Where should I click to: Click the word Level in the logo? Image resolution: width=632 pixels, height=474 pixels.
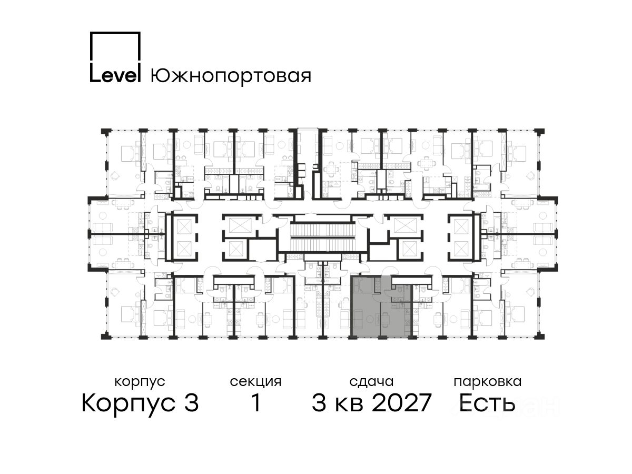pos(115,75)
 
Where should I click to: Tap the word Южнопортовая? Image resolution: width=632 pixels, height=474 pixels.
pos(231,76)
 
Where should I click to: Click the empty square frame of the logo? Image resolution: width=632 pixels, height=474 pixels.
pos(115,47)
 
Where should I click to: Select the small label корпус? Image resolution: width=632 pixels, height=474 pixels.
pos(140,382)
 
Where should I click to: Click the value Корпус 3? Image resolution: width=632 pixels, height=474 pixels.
pos(140,403)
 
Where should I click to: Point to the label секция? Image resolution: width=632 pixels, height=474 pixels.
pos(255,382)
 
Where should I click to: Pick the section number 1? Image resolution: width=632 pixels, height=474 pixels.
pos(255,403)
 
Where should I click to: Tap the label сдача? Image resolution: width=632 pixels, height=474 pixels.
pos(371,382)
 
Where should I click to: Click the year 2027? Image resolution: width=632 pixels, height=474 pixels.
pos(401,403)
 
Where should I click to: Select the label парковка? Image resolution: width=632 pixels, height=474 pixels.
pos(488,382)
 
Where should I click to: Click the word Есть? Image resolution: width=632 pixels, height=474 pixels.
pos(487,403)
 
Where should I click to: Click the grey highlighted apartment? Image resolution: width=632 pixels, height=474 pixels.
pos(381,306)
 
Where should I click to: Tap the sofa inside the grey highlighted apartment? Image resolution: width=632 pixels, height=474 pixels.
pos(359,320)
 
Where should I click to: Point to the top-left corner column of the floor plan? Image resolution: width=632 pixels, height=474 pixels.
pos(106,131)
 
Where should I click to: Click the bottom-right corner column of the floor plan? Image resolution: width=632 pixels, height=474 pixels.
pos(540,336)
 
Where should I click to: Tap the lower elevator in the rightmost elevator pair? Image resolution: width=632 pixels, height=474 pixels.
pos(461,248)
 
